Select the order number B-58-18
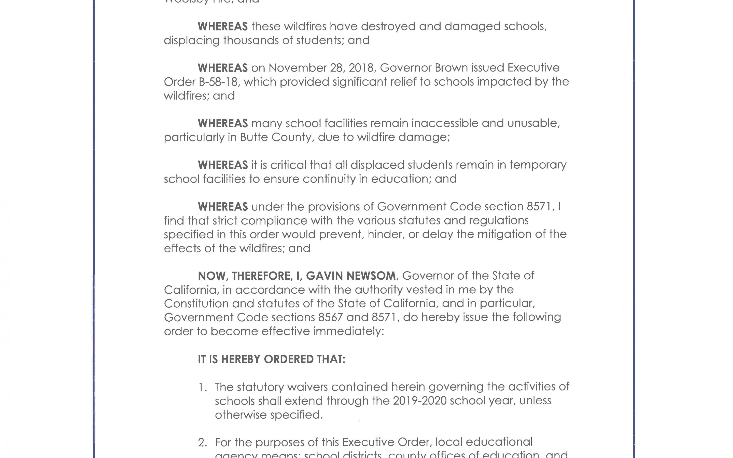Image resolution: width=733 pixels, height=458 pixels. point(217,82)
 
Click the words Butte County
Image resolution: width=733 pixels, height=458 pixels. point(276,137)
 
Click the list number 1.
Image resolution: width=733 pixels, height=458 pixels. point(202,387)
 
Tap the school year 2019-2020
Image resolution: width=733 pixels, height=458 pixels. point(420,401)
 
